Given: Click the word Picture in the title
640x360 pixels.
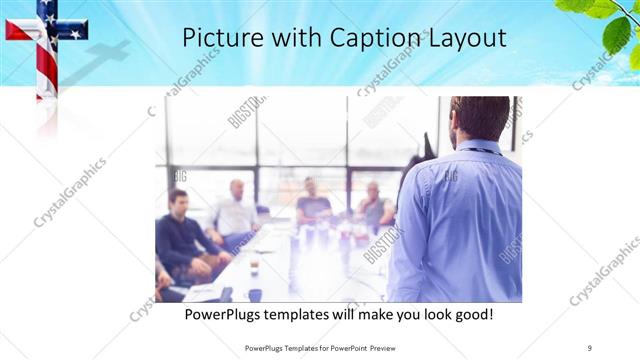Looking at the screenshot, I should tap(218, 38).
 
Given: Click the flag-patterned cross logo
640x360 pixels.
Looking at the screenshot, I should tap(45, 40).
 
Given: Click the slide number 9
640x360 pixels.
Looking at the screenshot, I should tap(590, 347).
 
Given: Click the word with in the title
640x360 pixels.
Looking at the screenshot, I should tap(290, 38).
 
